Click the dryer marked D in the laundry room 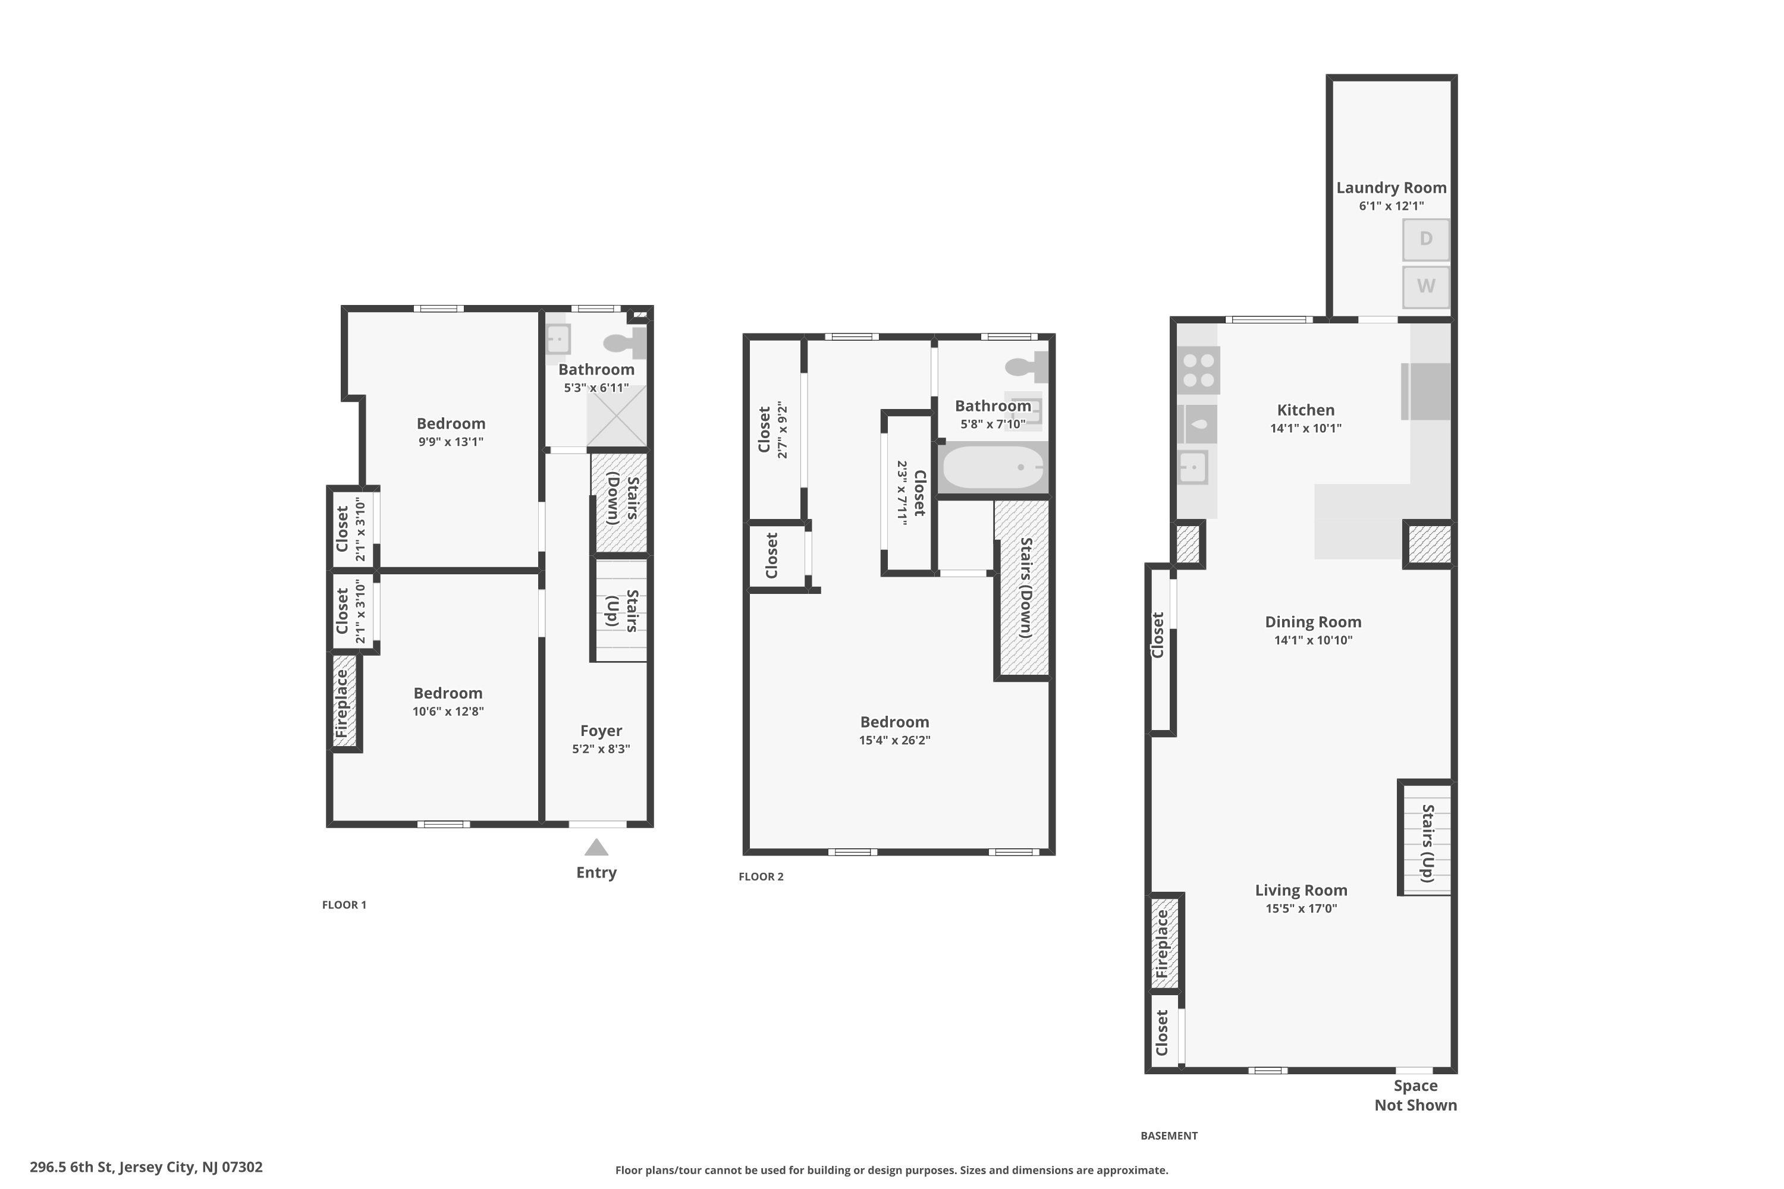[1425, 240]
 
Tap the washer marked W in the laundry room [1425, 287]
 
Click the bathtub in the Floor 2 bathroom [993, 467]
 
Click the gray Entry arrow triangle [596, 847]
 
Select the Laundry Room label [1391, 187]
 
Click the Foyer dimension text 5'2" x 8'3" [601, 749]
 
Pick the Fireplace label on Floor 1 [341, 703]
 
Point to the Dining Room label [1313, 622]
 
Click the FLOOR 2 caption [761, 876]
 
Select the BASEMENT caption [1169, 1135]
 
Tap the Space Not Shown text [1415, 1095]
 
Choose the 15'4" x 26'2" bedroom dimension [894, 740]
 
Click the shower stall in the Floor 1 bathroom [617, 416]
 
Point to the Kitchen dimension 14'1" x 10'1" [1305, 427]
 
